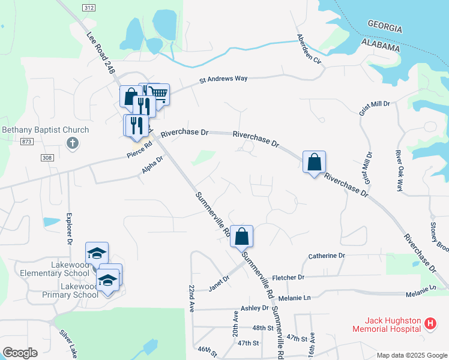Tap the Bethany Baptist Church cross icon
point(72,143)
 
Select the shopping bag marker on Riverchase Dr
point(314,162)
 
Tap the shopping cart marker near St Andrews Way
point(158,94)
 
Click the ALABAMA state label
point(380,47)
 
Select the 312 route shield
point(88,7)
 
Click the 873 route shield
point(26,140)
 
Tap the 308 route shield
point(48,157)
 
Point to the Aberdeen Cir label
point(309,49)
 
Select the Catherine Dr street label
point(327,256)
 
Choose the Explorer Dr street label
point(69,228)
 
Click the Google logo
point(20,352)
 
